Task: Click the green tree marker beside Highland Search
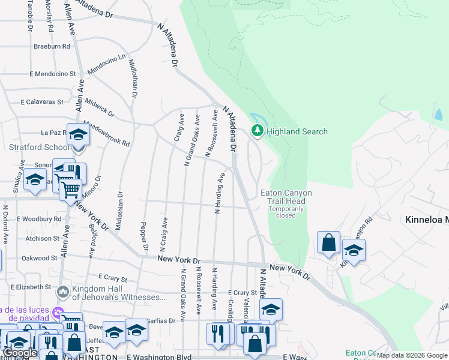258,130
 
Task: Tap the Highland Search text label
297,131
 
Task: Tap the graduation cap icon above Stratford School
78,134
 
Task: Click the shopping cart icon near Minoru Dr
71,191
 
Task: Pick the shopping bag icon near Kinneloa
328,244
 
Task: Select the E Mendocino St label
53,74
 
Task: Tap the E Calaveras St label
42,102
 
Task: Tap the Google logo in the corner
20,353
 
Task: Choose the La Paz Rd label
52,133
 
